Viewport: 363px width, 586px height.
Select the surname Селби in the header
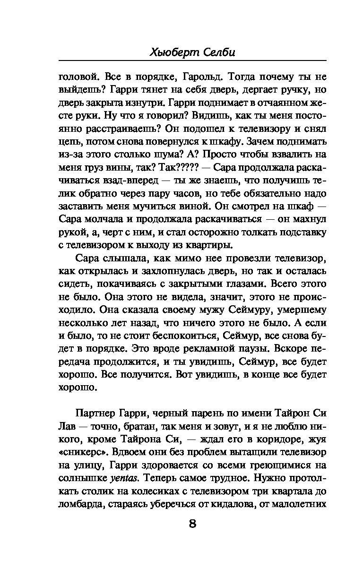click(x=217, y=53)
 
